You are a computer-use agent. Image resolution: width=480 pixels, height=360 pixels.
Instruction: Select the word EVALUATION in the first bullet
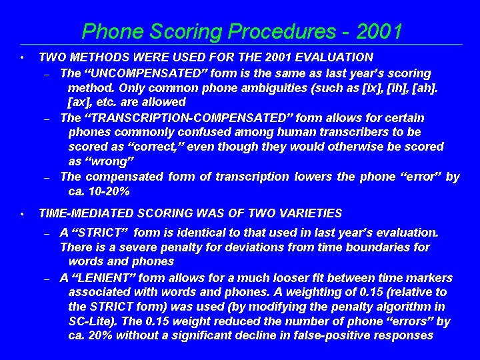[x=329, y=58]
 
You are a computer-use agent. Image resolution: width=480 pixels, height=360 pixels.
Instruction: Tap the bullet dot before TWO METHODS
[x=23, y=58]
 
